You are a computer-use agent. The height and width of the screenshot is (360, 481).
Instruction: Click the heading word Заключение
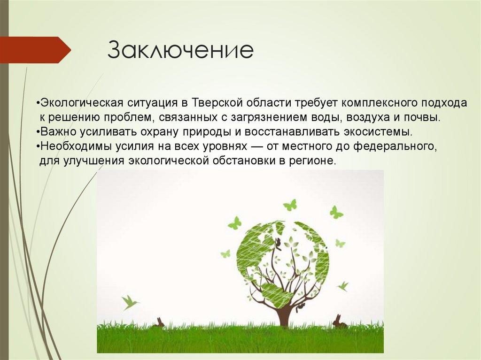pos(181,50)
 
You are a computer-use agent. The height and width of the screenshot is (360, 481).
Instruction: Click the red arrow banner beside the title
pos(35,50)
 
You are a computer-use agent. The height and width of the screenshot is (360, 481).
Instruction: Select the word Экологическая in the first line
pos(82,103)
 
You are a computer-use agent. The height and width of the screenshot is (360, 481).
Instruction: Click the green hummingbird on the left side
pos(130,302)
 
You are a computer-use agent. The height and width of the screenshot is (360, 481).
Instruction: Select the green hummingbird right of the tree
pos(343,287)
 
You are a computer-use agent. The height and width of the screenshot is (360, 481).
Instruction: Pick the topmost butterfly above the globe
pos(290,205)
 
